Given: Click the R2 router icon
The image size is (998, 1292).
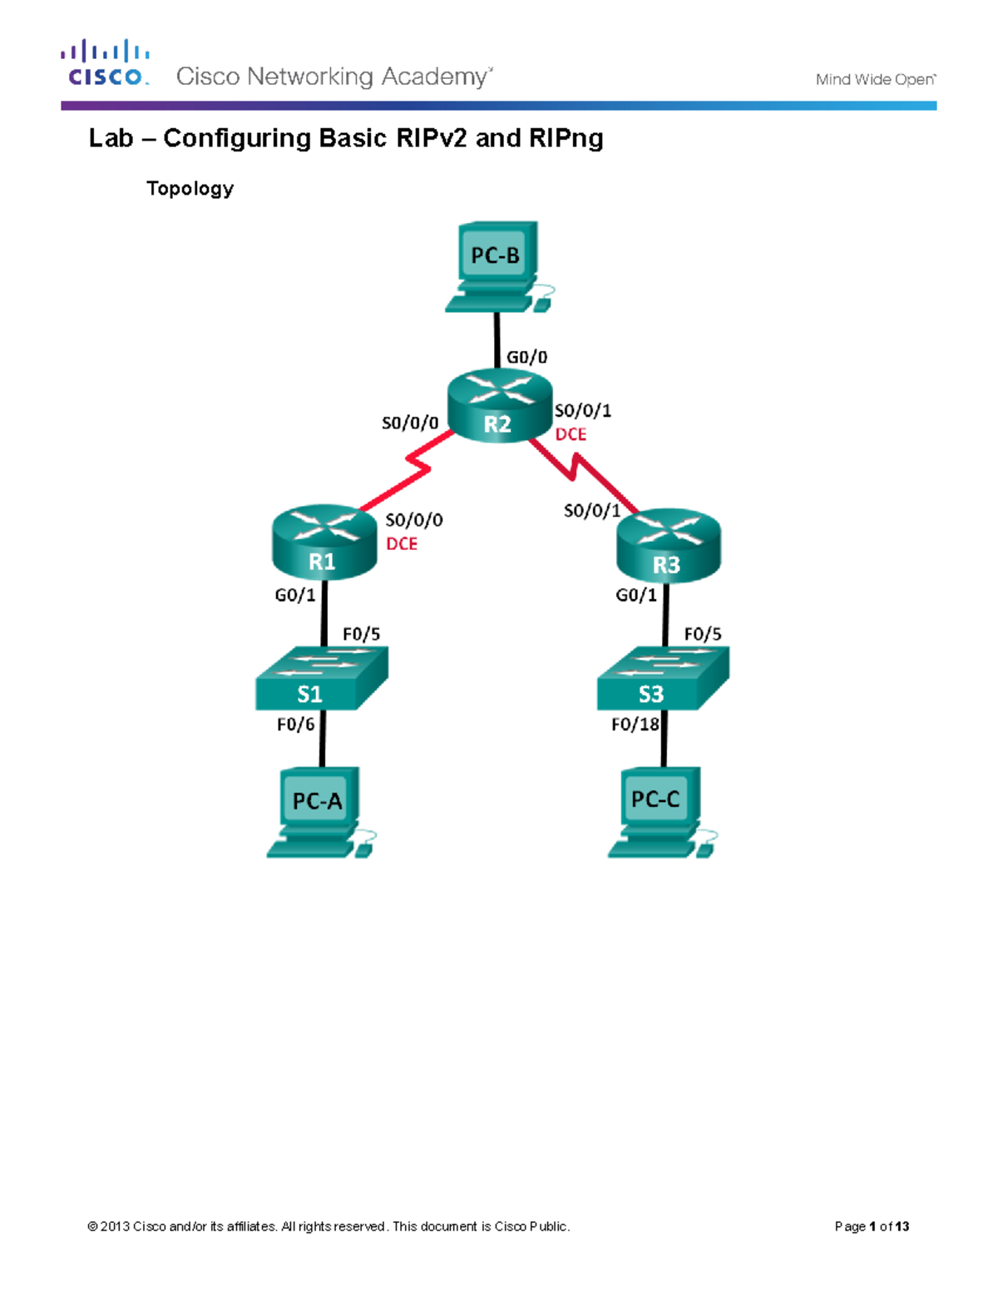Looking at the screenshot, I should coord(499,405).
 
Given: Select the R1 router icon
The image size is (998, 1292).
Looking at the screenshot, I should coord(324,542).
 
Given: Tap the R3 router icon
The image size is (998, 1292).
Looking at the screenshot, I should coord(668,545).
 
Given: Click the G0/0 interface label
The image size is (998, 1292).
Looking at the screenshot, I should coord(527,357).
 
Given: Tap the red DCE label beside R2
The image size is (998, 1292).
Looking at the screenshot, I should coord(571,434).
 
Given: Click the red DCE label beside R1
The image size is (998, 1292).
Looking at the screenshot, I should coord(402,543).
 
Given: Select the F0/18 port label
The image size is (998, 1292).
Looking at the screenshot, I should coord(635,725).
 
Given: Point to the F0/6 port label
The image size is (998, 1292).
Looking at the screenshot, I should coord(295,725).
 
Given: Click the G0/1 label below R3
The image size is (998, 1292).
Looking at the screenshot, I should coord(636,595).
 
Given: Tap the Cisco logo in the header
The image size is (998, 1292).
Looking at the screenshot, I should coord(106,63).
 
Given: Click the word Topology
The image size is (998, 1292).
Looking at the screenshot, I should coord(190,188).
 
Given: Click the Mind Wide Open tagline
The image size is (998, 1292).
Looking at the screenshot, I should coord(875,80).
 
